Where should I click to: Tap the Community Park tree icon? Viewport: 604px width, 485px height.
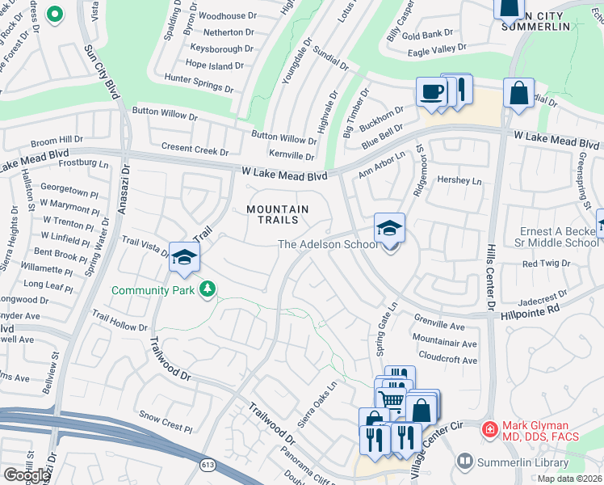click(208, 289)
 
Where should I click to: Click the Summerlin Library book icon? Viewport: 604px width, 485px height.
click(464, 461)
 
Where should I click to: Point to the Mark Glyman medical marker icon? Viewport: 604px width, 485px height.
click(489, 429)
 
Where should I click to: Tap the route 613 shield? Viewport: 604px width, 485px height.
click(208, 466)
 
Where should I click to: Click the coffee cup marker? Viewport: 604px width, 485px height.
click(431, 91)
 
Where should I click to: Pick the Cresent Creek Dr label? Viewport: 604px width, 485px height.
click(195, 150)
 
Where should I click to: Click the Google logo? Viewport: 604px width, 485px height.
click(27, 474)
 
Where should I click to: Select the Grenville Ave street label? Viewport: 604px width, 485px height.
click(439, 326)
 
